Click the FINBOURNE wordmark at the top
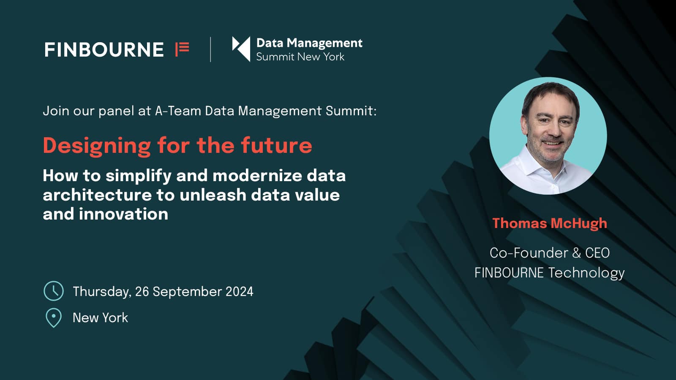point(104,50)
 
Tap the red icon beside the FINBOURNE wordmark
point(182,49)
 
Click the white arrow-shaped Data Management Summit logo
point(241,49)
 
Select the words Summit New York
point(300,57)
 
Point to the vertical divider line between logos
point(210,49)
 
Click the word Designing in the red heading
point(97,147)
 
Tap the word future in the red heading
point(276,146)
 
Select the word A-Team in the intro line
point(178,111)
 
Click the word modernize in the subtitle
point(257,176)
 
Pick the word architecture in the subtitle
point(97,195)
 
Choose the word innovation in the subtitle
point(123,214)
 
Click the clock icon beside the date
point(54,291)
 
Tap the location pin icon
point(54,318)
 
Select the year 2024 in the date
point(239,292)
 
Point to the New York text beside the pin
point(100,318)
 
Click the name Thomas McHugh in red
point(550,223)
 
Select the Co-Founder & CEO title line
point(550,253)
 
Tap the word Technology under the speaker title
point(586,273)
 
